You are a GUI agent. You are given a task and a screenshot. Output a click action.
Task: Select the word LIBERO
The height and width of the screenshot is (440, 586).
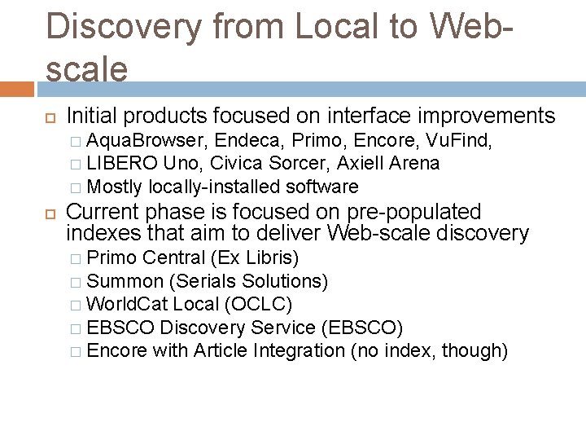(122, 163)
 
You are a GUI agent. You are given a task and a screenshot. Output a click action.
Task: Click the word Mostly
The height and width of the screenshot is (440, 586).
(115, 187)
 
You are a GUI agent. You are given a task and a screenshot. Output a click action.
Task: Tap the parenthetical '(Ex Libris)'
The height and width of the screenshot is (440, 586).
(255, 258)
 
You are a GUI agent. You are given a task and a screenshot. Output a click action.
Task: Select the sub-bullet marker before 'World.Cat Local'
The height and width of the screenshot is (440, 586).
(75, 305)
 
